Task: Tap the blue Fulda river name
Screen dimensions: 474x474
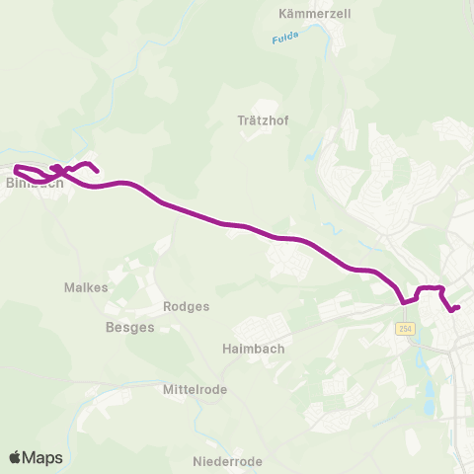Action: [284, 39]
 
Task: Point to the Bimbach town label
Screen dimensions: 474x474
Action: [35, 183]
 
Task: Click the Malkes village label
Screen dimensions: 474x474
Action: [86, 286]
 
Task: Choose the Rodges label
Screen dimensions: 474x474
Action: [186, 306]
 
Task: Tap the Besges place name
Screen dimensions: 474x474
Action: [129, 327]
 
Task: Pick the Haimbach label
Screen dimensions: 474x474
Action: [247, 348]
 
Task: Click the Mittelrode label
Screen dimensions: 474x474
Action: [195, 389]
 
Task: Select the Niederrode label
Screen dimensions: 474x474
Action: [227, 461]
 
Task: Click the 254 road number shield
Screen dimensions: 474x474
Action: [405, 328]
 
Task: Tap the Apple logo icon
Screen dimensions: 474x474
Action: [16, 456]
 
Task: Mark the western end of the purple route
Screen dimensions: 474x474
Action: [16, 167]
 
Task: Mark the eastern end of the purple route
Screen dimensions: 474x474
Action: [458, 307]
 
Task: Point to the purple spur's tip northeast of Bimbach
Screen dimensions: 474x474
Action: [97, 172]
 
